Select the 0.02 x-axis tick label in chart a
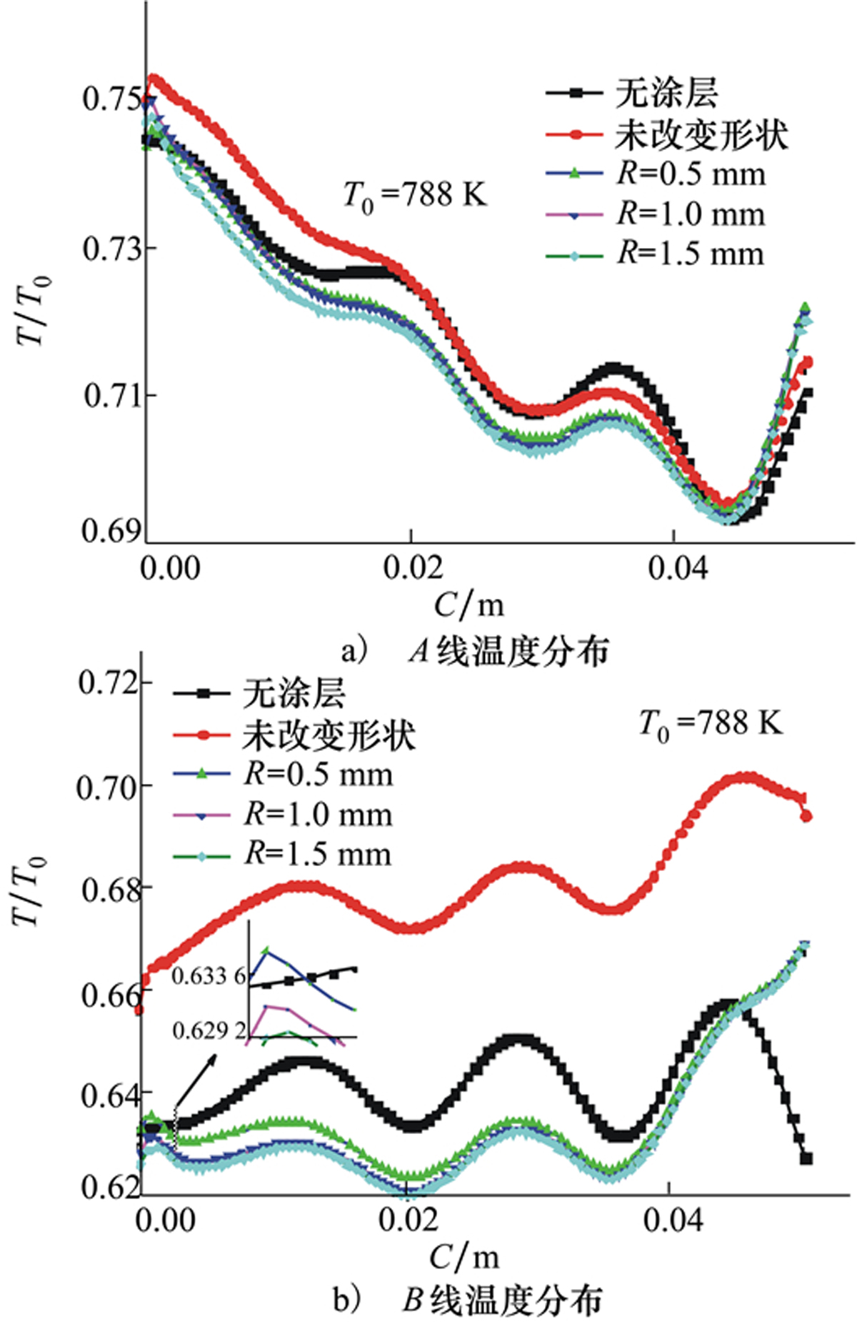tap(412, 568)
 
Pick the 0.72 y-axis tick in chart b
tap(107, 683)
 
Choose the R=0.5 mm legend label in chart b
tap(319, 775)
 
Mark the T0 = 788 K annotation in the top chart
tap(414, 195)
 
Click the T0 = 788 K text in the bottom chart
tap(711, 724)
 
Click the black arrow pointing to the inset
tap(194, 1083)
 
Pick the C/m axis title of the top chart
tap(468, 606)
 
